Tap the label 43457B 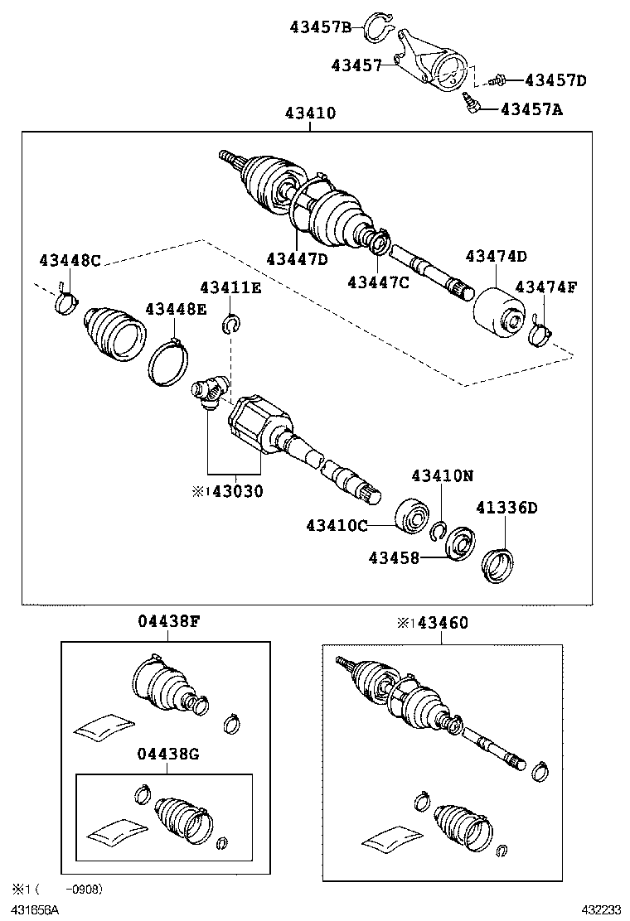(x=326, y=27)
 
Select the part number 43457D (x=555, y=80)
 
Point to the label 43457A (x=531, y=108)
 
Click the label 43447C (x=378, y=282)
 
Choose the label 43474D (x=496, y=258)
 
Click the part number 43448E (x=176, y=309)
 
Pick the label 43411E (x=230, y=287)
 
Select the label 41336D (x=506, y=508)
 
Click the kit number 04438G (x=168, y=754)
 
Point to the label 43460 (x=442, y=623)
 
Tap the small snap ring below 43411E (x=231, y=324)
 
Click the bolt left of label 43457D (x=497, y=80)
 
